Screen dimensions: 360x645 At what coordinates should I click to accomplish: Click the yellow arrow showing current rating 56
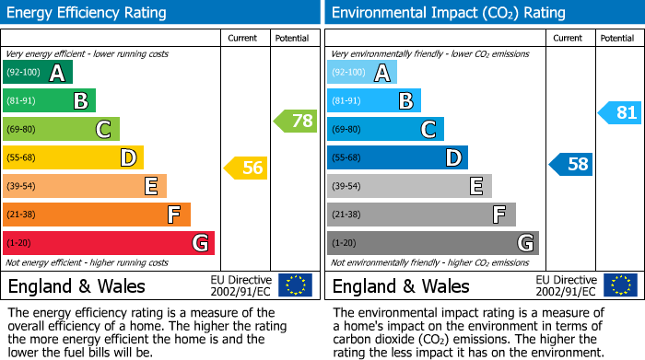(x=245, y=168)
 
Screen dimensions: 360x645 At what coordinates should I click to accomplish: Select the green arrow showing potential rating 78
(x=295, y=120)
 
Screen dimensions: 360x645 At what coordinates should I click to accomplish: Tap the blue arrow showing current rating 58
(x=571, y=164)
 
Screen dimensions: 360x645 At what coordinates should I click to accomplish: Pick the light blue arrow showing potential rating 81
(x=620, y=112)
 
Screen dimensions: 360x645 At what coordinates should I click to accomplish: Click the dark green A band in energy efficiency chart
(x=38, y=73)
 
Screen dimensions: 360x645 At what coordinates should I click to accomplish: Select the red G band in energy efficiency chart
(x=109, y=243)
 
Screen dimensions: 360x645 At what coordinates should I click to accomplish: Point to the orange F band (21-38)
(x=97, y=215)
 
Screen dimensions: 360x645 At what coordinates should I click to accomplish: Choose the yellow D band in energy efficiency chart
(x=73, y=157)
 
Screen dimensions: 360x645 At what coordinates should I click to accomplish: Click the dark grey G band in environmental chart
(x=433, y=243)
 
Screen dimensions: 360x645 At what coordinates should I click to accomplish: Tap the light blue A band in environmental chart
(x=362, y=73)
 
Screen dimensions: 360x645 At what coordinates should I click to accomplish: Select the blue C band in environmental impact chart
(x=385, y=129)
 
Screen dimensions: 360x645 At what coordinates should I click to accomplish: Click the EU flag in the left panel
(x=295, y=285)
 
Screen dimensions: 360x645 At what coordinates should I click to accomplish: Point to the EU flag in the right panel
(x=619, y=285)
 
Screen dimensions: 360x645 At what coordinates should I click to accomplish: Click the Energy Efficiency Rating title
(x=88, y=13)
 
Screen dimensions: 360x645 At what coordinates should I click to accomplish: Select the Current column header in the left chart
(x=242, y=38)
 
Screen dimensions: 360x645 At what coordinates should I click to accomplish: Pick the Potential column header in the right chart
(x=617, y=38)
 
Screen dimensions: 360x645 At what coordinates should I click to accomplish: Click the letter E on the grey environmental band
(x=475, y=186)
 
